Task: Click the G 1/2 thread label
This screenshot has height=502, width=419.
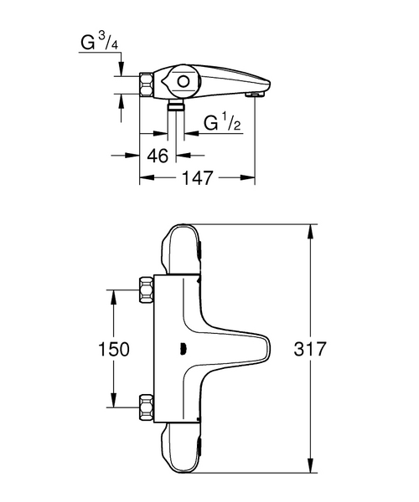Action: [222, 122]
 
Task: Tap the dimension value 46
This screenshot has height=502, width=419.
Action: [158, 156]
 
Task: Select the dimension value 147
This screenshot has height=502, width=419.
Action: [198, 177]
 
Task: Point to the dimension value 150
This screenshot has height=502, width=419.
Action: [114, 349]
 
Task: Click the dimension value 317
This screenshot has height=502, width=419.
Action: [310, 349]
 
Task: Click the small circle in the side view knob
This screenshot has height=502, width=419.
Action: [184, 82]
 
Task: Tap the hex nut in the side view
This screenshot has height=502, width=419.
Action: [147, 85]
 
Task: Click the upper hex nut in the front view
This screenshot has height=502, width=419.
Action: [146, 289]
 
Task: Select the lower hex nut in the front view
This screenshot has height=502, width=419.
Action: [146, 407]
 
